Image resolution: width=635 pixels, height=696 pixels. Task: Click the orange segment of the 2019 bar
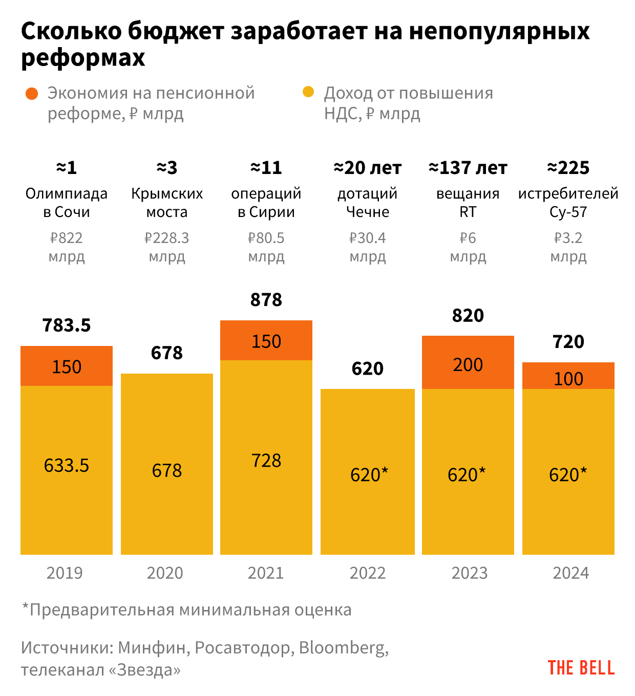click(67, 366)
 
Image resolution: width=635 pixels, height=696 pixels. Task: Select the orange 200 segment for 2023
click(468, 362)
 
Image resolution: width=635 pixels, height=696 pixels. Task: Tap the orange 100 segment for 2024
click(568, 376)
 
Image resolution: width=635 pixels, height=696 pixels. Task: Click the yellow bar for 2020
click(167, 464)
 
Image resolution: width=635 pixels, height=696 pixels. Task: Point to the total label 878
click(266, 299)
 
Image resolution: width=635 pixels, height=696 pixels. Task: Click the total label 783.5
click(67, 325)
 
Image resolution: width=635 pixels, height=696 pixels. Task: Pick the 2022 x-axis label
click(368, 573)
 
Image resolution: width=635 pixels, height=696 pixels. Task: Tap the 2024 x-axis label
click(571, 573)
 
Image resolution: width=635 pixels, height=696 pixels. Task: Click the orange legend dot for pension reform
click(32, 94)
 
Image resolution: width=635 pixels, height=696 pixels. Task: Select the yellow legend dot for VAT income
click(308, 92)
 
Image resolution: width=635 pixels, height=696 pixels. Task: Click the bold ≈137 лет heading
click(468, 168)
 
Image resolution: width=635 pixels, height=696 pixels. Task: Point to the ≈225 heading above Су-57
click(568, 168)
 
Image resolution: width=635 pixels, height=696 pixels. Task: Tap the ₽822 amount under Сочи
click(67, 238)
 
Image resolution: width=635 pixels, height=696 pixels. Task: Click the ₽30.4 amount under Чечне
click(368, 238)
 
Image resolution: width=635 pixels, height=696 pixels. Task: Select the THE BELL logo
click(581, 668)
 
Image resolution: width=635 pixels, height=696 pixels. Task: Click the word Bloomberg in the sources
click(343, 648)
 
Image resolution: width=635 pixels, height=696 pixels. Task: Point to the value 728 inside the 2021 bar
click(266, 461)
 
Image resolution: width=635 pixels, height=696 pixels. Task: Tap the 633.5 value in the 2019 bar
click(67, 465)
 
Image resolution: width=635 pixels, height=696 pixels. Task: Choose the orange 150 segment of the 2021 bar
click(266, 341)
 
